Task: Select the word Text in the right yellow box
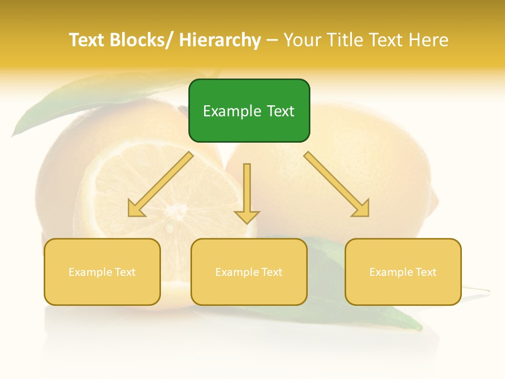[425, 272]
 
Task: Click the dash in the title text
[271, 40]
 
